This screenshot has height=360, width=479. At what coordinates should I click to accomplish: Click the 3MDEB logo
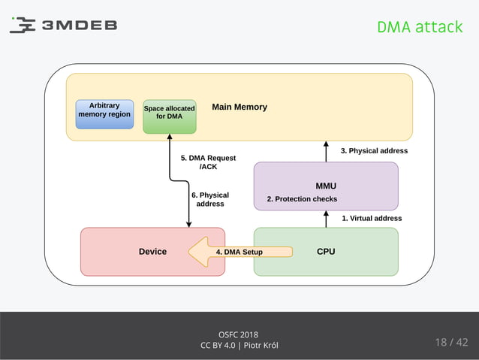tap(63, 25)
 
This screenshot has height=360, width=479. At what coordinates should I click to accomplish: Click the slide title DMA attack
tap(419, 27)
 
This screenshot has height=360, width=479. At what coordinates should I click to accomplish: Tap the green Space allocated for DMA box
tap(169, 116)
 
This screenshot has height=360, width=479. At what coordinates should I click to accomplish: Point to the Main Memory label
tap(239, 107)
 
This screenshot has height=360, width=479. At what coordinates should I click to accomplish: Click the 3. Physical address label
tap(374, 151)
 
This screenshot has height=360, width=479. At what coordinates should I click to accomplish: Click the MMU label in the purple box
tap(326, 185)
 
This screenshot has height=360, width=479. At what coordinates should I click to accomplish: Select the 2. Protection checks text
tap(302, 199)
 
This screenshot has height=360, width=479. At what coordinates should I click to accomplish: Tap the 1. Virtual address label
tap(372, 218)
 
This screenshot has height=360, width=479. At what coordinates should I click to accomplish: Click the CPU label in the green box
tap(326, 252)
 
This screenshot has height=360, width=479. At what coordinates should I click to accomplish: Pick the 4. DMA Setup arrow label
tap(239, 252)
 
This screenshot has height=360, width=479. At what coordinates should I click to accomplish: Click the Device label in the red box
tap(152, 252)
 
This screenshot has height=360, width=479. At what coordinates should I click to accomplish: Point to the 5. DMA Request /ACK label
tap(208, 162)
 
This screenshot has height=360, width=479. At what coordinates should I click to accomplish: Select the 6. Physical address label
tap(209, 199)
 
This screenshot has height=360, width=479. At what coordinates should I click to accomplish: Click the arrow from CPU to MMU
tap(326, 219)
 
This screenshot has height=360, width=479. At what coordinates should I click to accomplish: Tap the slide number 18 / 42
tap(450, 343)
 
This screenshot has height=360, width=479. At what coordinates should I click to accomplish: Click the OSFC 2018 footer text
tap(239, 334)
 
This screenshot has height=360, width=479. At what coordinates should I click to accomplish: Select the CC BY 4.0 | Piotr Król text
tap(239, 346)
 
